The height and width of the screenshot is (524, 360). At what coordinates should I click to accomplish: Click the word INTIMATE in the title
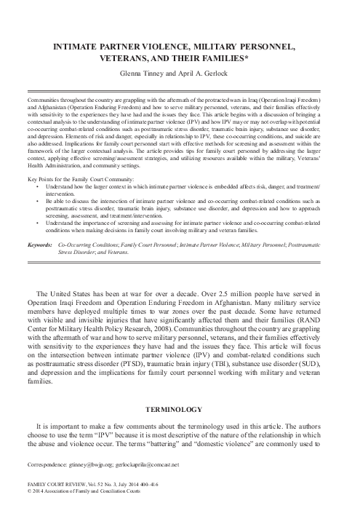click(68, 47)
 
